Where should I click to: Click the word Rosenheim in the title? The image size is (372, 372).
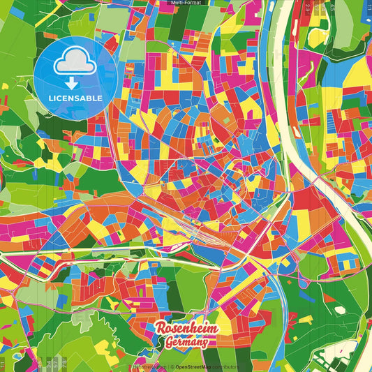point(186,329)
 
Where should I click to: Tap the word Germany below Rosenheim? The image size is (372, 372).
point(186,342)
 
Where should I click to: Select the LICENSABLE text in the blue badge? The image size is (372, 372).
point(75,98)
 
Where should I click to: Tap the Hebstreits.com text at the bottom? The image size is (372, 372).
point(147,366)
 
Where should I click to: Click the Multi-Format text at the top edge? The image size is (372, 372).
point(186,3)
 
